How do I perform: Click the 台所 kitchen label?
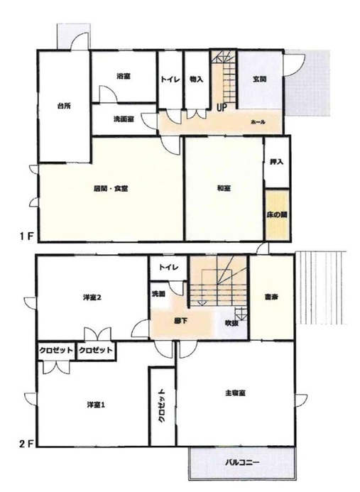point(64,106)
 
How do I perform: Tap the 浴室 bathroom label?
point(124,76)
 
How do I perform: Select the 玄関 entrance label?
point(260,79)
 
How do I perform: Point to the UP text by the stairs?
point(222,108)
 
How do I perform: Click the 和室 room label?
point(224,189)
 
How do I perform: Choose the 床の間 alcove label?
point(277,215)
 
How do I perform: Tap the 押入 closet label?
point(276,162)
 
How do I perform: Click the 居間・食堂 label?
point(111,189)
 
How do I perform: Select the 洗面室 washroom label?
point(124,119)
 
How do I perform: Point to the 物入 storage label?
point(196,80)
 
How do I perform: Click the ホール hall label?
point(258,122)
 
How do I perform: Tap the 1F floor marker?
point(26,236)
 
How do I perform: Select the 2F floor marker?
point(26,444)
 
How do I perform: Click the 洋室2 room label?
point(92,297)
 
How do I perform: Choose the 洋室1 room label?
point(96,405)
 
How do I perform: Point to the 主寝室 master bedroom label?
point(235,393)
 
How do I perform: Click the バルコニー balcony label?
point(242,462)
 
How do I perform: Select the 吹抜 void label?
point(231,323)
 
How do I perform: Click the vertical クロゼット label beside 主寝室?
point(161,406)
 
